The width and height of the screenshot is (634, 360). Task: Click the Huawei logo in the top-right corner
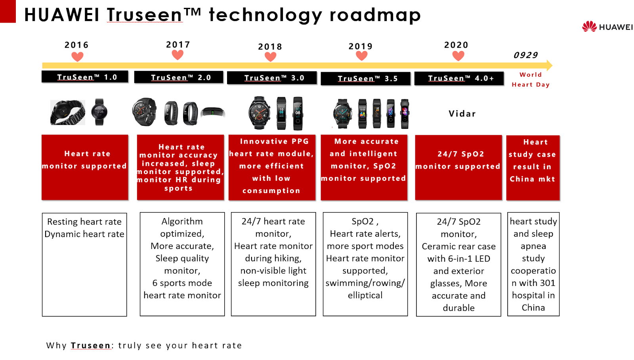coord(607,27)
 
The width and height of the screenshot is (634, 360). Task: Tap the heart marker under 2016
coord(77,57)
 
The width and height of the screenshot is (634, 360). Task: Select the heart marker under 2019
coord(361,56)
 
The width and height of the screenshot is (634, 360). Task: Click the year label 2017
coord(178,44)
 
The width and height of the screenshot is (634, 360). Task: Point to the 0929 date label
coord(525,55)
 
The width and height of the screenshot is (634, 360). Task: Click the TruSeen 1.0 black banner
coord(85,77)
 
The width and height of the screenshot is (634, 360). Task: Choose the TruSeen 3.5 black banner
coord(365,79)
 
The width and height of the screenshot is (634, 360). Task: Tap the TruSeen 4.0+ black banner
coord(459,78)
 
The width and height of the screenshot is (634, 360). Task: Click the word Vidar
coord(462,113)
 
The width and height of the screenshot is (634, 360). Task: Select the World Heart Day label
coord(531,80)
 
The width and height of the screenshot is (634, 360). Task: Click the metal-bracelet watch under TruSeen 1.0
coord(67,112)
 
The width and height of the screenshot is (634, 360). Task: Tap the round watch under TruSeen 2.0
coord(144,111)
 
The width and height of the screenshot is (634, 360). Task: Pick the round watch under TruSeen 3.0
coord(259,113)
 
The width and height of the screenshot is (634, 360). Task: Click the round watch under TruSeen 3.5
coord(342,113)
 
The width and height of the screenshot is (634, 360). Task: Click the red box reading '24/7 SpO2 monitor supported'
coord(458,168)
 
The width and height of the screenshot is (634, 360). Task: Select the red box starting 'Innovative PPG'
coord(272,167)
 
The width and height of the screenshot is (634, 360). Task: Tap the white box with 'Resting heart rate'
coord(84,264)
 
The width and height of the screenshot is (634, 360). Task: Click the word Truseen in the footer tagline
coord(91,345)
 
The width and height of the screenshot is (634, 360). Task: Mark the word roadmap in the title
coord(375,15)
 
